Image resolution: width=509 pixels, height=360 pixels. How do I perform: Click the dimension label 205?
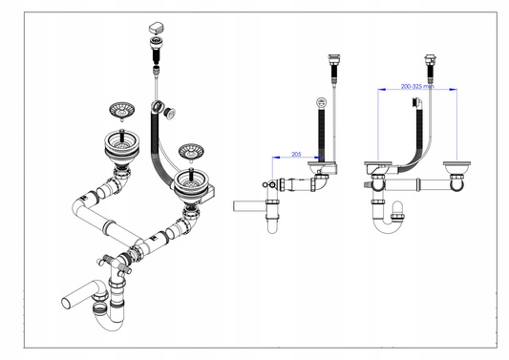click(x=296, y=154)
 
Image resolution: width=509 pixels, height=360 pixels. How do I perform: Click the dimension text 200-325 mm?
click(x=417, y=86)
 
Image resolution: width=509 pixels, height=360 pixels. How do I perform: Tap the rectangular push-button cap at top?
click(x=157, y=28)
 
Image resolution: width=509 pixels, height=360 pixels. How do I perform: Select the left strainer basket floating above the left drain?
click(x=121, y=111)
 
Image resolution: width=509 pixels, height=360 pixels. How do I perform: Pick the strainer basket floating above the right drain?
click(x=191, y=152)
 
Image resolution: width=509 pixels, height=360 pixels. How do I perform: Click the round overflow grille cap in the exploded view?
click(x=169, y=114)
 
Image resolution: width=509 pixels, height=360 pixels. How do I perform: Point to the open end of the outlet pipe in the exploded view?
click(x=66, y=302)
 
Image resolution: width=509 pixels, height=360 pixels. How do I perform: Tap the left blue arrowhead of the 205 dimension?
click(x=276, y=158)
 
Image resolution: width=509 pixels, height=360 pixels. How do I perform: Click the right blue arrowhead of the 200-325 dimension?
click(x=454, y=89)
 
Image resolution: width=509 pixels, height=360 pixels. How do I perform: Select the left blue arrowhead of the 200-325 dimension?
click(x=382, y=89)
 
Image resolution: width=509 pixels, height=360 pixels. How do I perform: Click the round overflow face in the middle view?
click(x=321, y=103)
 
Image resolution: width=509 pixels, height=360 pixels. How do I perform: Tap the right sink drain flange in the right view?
click(x=456, y=164)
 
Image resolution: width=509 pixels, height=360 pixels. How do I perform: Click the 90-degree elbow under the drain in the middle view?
click(x=322, y=182)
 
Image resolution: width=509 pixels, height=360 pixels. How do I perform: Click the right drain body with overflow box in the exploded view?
click(x=192, y=187)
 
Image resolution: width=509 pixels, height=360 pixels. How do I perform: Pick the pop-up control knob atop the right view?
click(x=430, y=59)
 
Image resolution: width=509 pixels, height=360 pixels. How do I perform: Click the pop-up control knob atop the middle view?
click(x=333, y=60)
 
